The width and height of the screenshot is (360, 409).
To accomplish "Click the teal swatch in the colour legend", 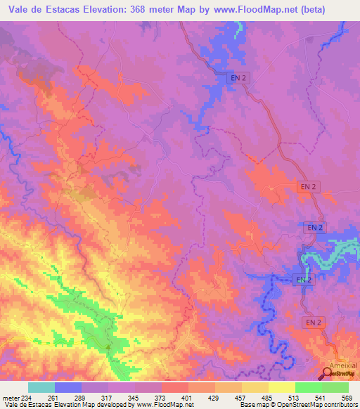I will (41, 387).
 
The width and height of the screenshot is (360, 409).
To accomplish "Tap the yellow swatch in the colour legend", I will (282, 387).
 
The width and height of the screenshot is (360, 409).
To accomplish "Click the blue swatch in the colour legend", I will (68, 387).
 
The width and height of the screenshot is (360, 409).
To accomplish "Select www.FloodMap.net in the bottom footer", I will (148, 405).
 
